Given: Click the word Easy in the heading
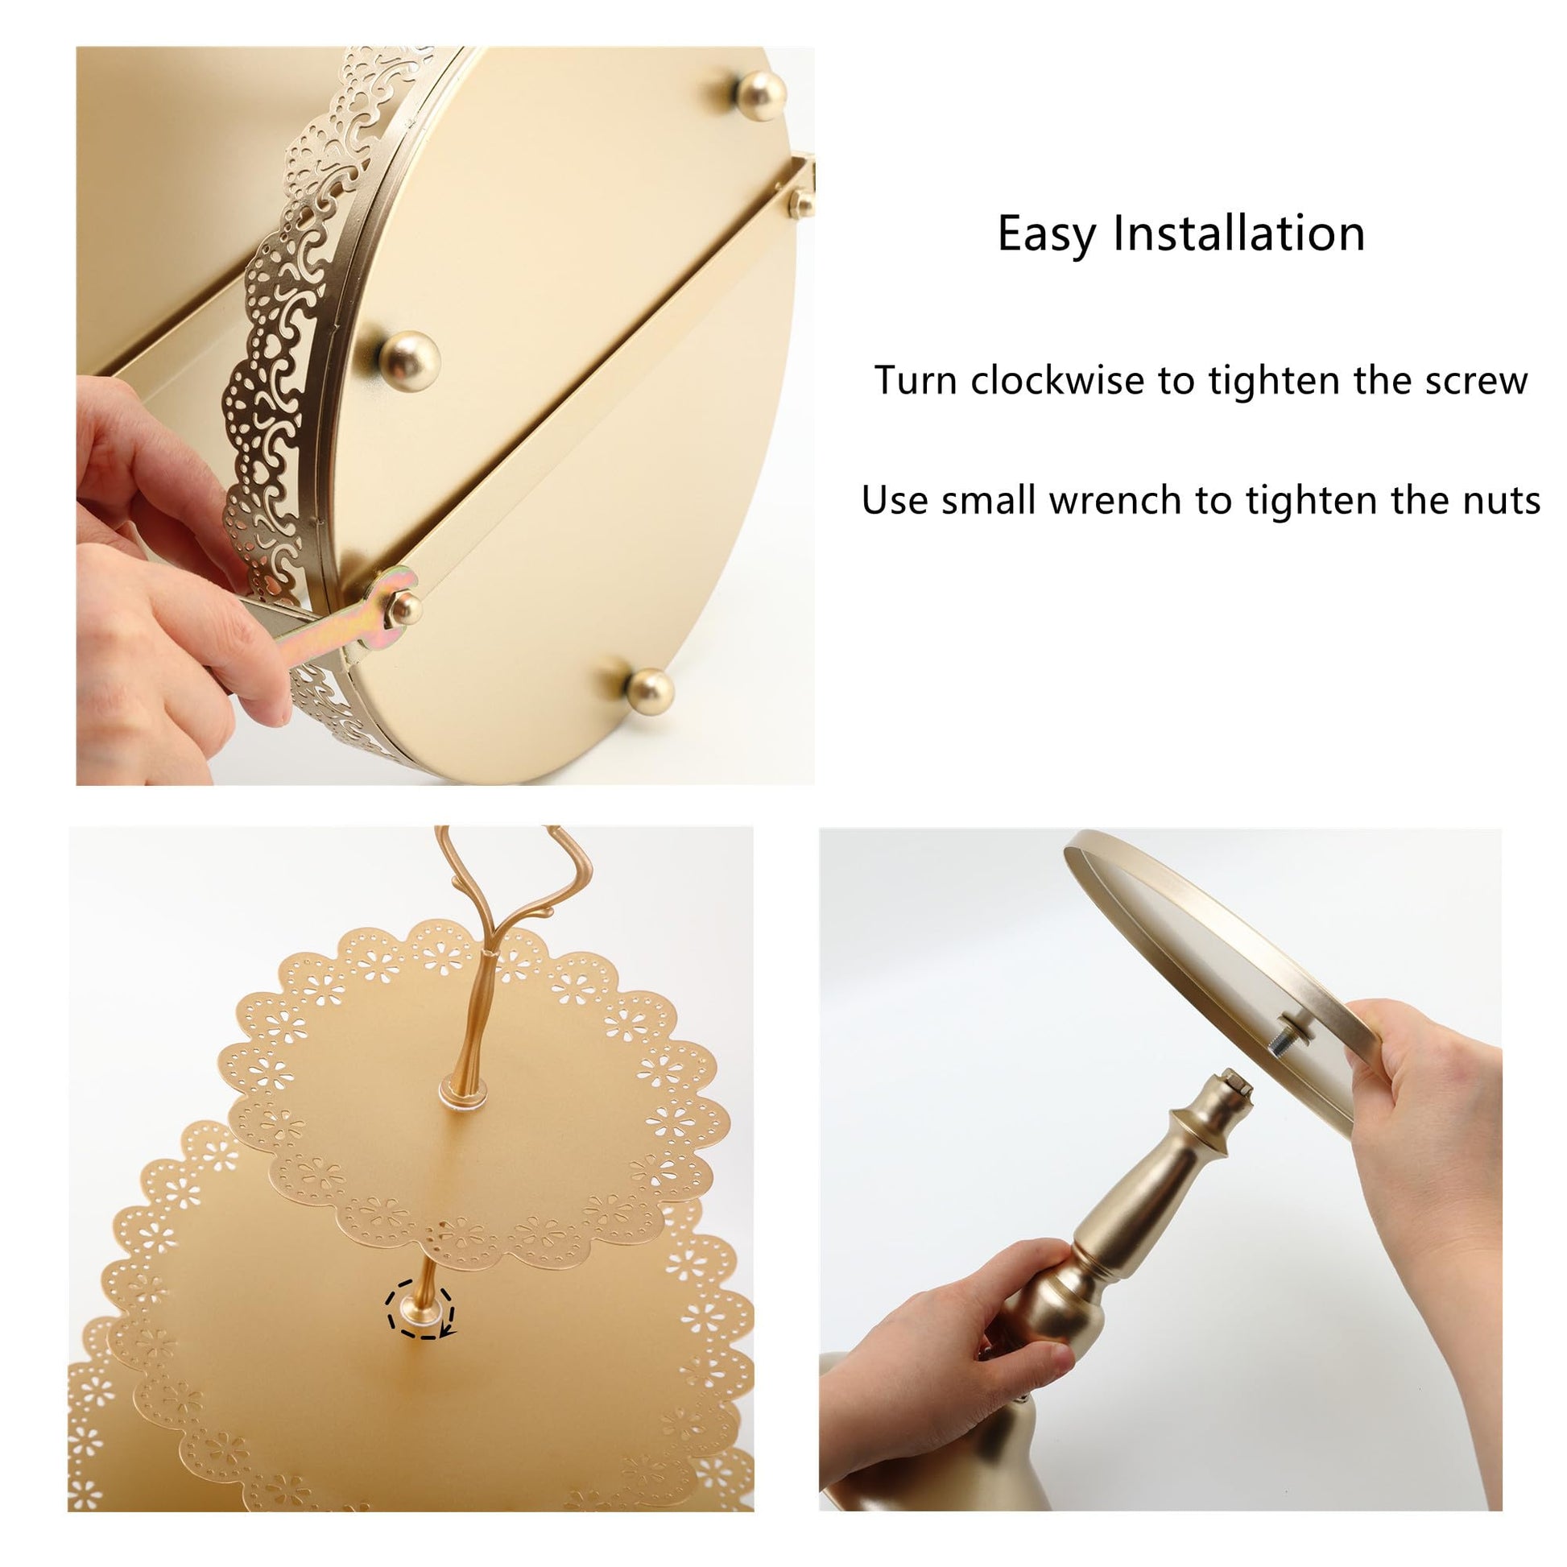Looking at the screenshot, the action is [1047, 235].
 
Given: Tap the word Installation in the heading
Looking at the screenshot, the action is [1238, 233].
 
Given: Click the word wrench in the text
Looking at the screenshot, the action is [1114, 500].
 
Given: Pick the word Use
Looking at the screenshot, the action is [895, 500].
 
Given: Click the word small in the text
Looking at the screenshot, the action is [989, 500].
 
